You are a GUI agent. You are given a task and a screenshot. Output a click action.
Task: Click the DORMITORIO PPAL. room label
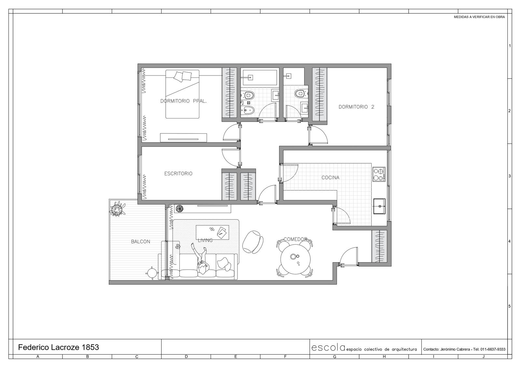click(x=183, y=101)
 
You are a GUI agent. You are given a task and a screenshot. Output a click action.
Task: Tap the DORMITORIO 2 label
click(x=356, y=107)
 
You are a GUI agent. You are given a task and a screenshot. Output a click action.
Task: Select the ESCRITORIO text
click(x=178, y=173)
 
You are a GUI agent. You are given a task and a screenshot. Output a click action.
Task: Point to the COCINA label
click(x=330, y=178)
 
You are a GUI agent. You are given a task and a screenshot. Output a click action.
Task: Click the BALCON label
click(x=140, y=241)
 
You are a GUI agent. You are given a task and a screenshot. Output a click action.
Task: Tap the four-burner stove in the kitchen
click(x=379, y=174)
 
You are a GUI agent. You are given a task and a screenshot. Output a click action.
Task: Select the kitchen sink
click(x=379, y=206)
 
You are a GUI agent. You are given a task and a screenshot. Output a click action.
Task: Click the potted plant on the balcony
click(x=117, y=209)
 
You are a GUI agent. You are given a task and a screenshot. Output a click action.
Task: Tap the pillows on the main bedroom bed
click(x=183, y=76)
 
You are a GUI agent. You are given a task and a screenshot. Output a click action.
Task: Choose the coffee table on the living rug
click(x=212, y=232)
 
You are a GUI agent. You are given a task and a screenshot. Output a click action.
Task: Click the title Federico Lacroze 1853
click(x=59, y=347)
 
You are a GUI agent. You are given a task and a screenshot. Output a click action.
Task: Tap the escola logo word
click(x=328, y=348)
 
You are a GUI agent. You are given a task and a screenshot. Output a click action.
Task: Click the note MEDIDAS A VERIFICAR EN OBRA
click(x=479, y=17)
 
